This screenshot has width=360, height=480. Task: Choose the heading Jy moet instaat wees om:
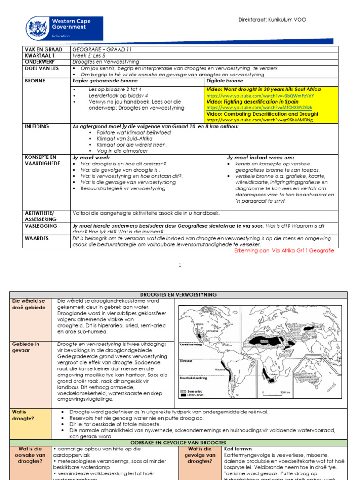(261, 157)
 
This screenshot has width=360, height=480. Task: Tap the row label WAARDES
(36, 238)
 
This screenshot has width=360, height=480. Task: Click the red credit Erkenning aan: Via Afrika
(284, 251)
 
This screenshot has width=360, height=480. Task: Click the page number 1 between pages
(180, 265)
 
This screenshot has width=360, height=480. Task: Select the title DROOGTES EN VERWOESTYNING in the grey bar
(180, 294)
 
